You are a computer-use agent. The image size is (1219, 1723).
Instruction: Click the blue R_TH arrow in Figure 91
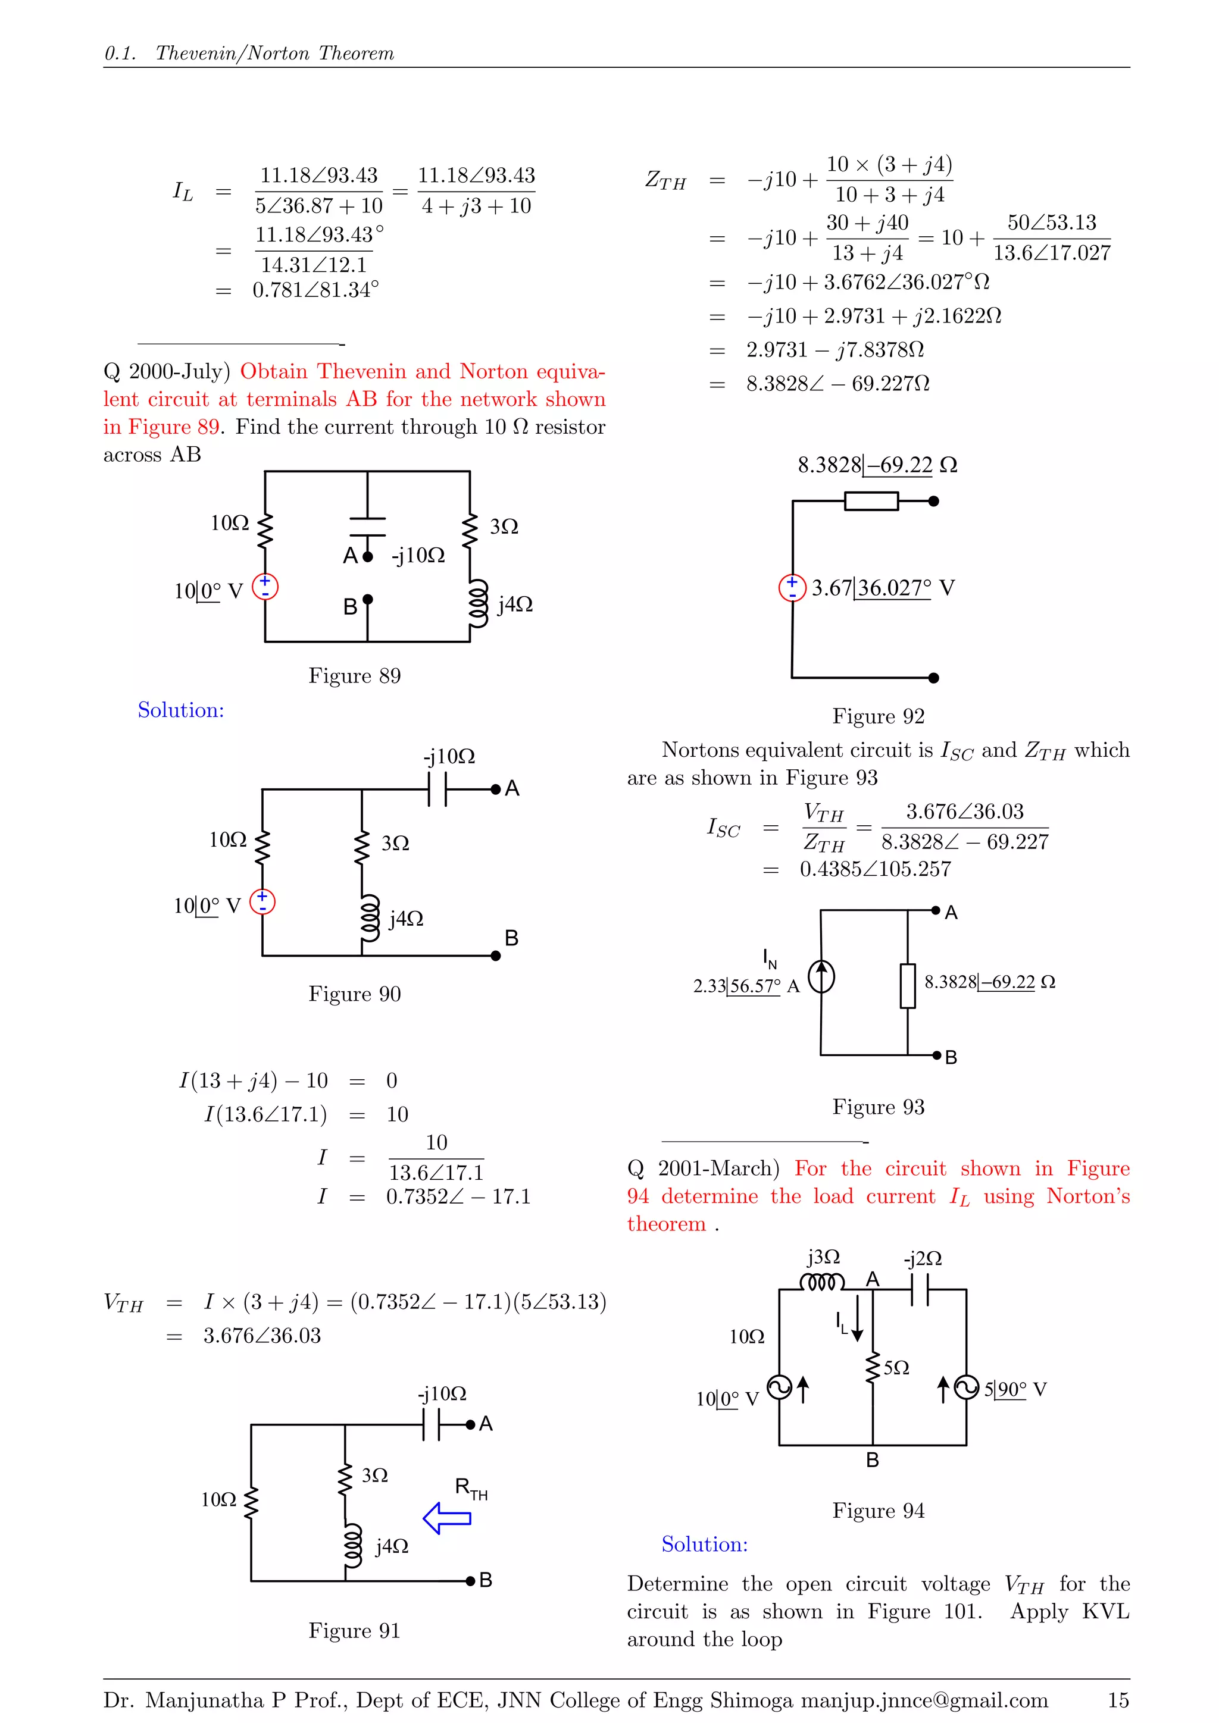448,1518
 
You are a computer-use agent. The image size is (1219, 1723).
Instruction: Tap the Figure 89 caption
354,676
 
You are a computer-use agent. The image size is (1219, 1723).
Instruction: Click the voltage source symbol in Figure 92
792,588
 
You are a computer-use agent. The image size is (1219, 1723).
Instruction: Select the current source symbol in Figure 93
822,977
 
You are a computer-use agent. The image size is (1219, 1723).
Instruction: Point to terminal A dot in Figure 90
495,790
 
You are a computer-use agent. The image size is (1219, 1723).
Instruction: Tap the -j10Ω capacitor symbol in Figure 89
368,527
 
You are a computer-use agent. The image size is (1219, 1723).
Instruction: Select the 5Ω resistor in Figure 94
873,1369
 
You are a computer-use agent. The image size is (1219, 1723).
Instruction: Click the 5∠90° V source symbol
967,1388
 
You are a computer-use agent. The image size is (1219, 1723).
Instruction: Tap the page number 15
1118,1700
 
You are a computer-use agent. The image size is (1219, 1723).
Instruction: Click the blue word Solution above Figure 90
181,710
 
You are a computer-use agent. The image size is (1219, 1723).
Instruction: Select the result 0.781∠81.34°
316,290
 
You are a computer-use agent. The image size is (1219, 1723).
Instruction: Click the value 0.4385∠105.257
875,869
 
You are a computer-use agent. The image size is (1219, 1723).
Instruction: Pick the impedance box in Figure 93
908,985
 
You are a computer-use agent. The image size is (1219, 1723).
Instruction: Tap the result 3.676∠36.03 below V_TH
262,1336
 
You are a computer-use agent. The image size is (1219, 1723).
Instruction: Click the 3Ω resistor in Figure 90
362,847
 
